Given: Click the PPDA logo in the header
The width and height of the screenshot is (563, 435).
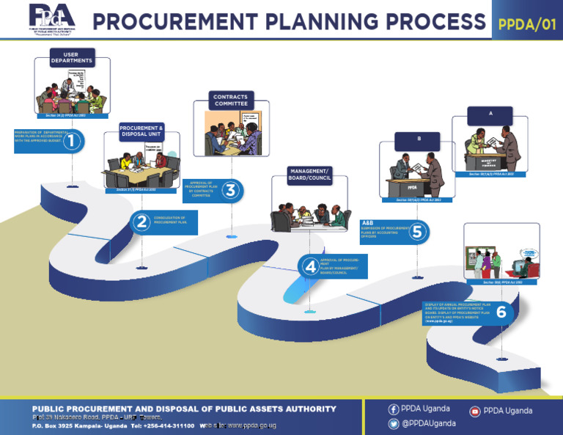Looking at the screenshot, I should point(51,18).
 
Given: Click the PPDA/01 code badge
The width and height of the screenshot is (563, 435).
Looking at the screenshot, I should point(526,23).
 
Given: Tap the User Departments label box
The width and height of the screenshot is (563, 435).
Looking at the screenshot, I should point(71,57).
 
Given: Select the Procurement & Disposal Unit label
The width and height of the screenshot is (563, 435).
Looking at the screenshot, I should point(141,131).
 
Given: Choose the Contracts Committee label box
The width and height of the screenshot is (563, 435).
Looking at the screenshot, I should point(230,100).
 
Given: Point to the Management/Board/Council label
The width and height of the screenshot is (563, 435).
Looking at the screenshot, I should point(309,175).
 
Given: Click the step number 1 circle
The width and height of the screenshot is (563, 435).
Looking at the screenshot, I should point(71,141).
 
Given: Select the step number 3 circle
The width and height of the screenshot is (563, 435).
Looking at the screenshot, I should point(229,191).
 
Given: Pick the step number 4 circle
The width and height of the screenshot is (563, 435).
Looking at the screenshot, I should point(310,266).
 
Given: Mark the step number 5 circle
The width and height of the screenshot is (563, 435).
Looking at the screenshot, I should point(416,232).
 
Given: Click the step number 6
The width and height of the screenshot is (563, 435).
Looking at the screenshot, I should point(501,312).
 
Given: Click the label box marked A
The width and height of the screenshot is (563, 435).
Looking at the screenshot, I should point(491,114).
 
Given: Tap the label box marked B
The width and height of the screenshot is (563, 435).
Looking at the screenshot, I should point(417,139).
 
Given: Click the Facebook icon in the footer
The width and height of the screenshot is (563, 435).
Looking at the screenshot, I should point(394,409).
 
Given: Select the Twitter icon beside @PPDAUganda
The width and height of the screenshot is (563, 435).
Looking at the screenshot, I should point(394,423).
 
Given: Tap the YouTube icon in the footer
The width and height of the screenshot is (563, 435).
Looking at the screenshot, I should point(475,412).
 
